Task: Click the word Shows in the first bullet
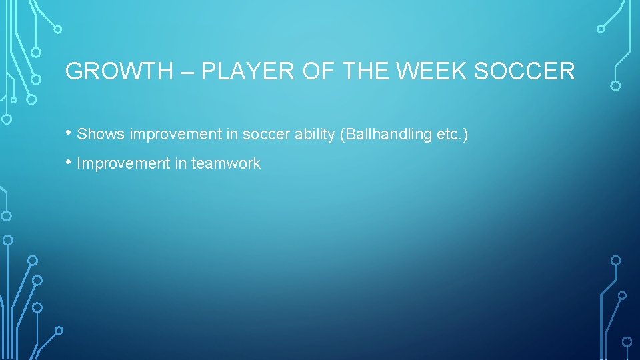(101, 135)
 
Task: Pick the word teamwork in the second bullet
(226, 163)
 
